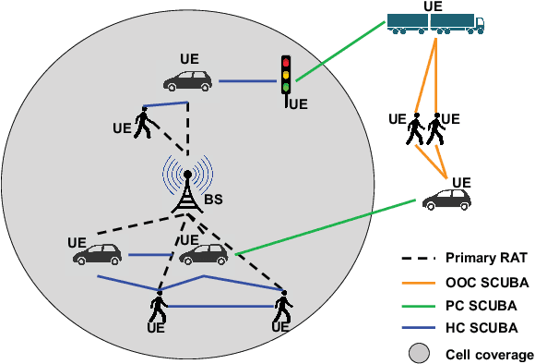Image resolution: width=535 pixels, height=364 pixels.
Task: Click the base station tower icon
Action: [x=188, y=194]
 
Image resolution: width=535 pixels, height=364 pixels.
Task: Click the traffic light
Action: [x=286, y=74]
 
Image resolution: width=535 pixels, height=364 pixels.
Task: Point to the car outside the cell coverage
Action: [x=446, y=200]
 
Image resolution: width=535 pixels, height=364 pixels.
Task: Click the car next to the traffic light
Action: [x=189, y=79]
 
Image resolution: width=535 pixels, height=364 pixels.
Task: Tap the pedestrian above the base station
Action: [x=142, y=122]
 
